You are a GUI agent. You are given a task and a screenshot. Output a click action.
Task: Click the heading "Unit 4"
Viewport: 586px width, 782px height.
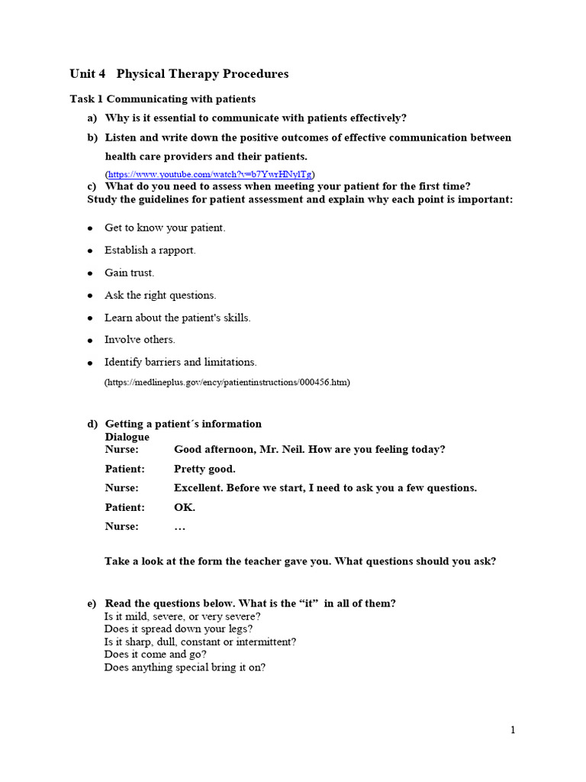click(x=88, y=74)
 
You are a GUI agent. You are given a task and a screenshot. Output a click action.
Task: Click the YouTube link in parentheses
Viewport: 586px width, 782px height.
click(x=210, y=174)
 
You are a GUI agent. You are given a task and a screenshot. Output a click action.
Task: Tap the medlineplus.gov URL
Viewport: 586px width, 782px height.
click(x=227, y=381)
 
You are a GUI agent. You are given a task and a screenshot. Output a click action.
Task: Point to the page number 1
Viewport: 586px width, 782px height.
click(x=514, y=730)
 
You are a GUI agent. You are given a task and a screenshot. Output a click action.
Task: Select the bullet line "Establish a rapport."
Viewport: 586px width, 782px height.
click(x=150, y=250)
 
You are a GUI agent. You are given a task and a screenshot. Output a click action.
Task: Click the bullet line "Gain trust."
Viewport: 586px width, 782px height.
click(x=129, y=273)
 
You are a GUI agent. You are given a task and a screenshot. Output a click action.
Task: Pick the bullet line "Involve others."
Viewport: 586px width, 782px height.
click(x=140, y=340)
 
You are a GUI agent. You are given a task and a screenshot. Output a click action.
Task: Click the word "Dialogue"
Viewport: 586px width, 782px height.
click(x=127, y=437)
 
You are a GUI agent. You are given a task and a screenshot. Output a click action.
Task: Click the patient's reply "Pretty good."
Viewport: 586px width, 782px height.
click(x=204, y=469)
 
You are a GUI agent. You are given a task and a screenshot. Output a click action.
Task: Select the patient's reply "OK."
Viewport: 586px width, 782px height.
click(x=185, y=507)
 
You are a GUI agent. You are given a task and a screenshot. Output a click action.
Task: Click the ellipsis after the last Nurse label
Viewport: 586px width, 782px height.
click(x=180, y=527)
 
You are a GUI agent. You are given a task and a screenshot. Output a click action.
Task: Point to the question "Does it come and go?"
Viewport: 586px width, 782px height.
click(x=156, y=654)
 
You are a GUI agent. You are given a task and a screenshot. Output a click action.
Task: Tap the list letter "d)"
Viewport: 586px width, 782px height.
click(x=92, y=424)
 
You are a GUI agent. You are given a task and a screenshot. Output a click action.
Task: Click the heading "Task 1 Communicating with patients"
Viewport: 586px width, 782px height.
click(x=163, y=99)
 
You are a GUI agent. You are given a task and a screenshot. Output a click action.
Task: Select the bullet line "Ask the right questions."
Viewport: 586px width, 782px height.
click(x=160, y=295)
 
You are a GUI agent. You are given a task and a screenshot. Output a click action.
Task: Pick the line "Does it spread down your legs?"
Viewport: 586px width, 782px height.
click(x=179, y=629)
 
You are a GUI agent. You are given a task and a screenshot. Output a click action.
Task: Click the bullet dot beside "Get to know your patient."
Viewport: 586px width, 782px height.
click(x=90, y=228)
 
